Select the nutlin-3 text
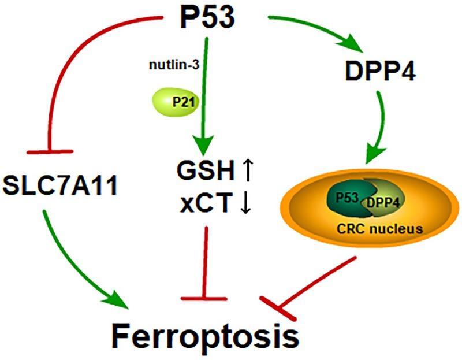point(171,65)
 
